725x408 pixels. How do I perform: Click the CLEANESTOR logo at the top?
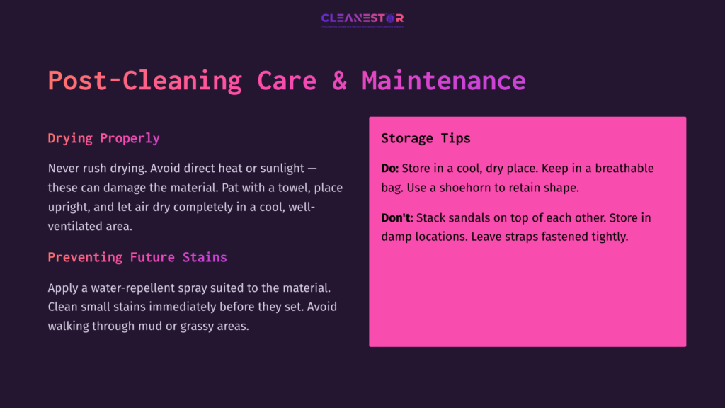click(x=362, y=18)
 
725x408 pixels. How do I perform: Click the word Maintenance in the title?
click(x=443, y=80)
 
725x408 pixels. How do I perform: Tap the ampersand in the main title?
click(x=339, y=80)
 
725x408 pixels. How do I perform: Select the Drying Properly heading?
click(x=103, y=138)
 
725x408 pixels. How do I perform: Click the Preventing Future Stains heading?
click(x=137, y=257)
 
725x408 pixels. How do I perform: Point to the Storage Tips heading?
click(x=426, y=138)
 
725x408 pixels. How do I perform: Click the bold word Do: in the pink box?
click(x=390, y=169)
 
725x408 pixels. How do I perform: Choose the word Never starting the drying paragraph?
click(x=64, y=169)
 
